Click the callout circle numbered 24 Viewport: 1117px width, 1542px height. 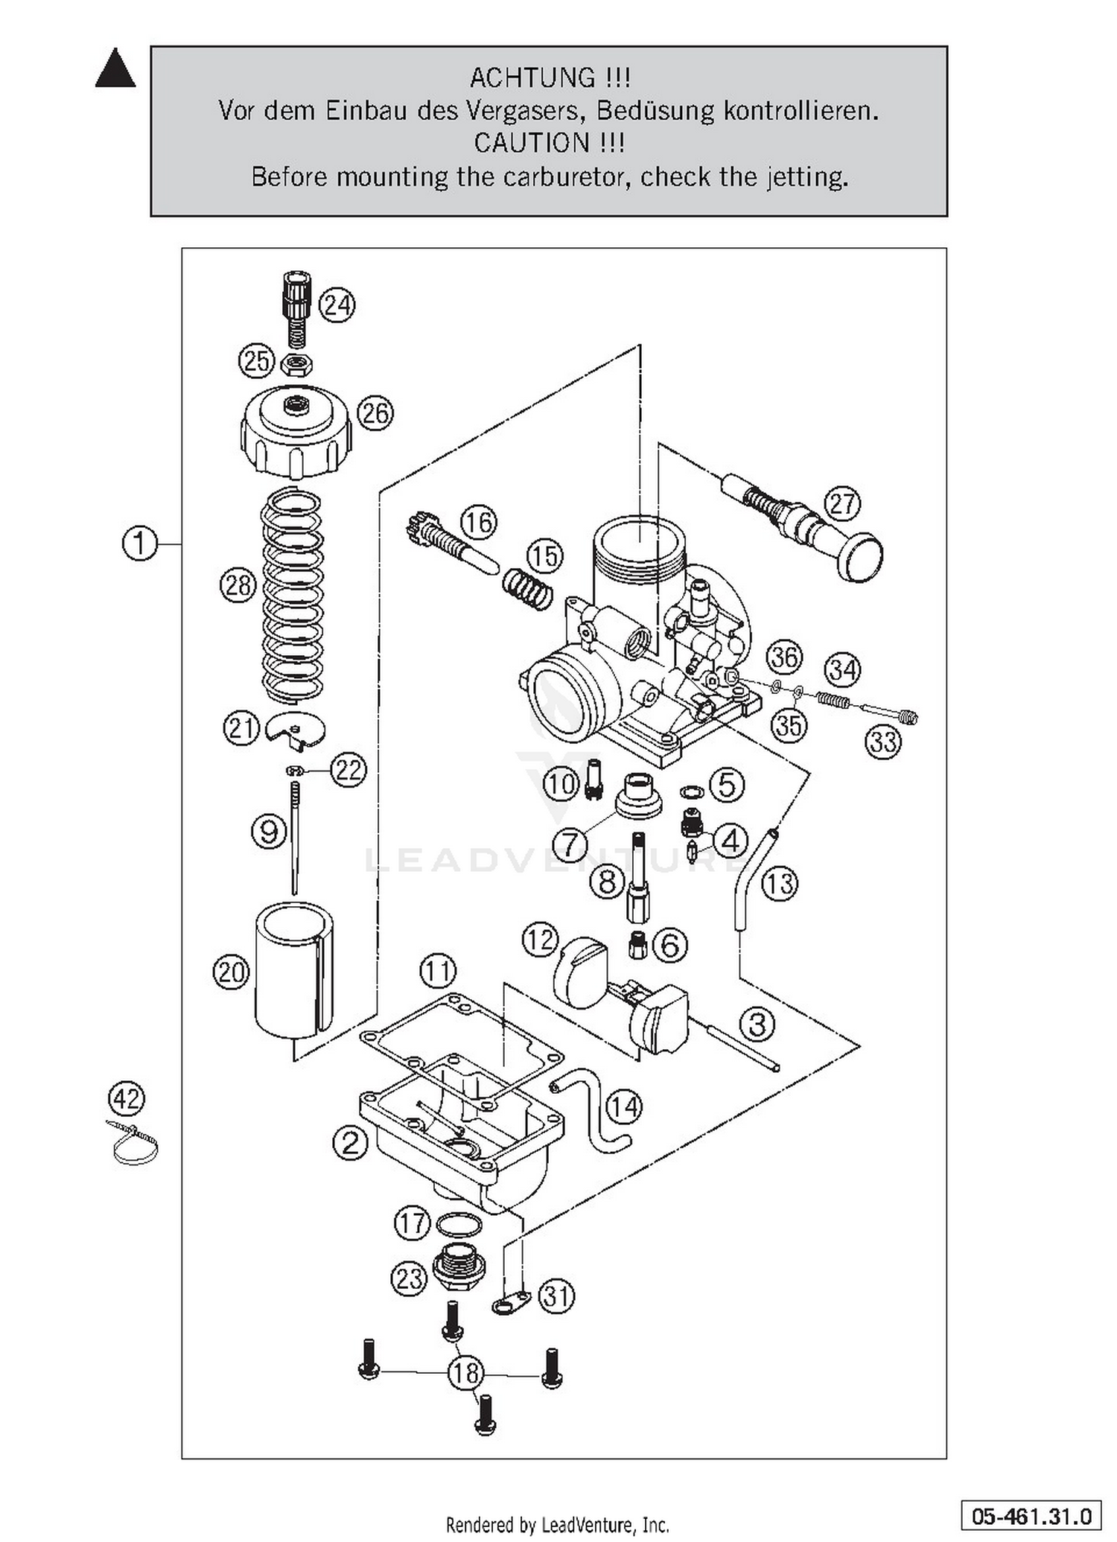337,305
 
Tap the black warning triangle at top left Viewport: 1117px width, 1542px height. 115,69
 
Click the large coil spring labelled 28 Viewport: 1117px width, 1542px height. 292,596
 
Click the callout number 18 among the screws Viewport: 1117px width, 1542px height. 466,1372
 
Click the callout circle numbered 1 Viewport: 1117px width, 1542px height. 140,544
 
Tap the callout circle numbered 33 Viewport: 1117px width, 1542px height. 884,742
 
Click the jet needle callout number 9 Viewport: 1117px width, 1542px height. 269,831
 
